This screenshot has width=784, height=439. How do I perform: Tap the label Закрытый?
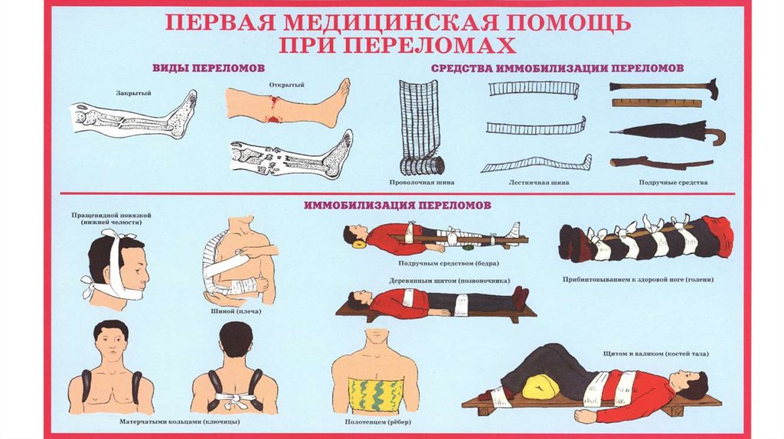point(133,93)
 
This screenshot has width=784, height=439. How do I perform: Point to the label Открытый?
point(283,85)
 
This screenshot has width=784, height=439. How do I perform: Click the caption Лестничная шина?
point(538,183)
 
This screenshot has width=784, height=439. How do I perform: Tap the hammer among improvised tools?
point(663,86)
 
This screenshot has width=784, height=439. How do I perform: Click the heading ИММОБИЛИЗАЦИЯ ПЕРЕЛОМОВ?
point(397,205)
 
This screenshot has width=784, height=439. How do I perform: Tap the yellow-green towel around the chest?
point(375,394)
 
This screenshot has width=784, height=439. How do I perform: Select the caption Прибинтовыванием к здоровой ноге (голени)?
point(648,280)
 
